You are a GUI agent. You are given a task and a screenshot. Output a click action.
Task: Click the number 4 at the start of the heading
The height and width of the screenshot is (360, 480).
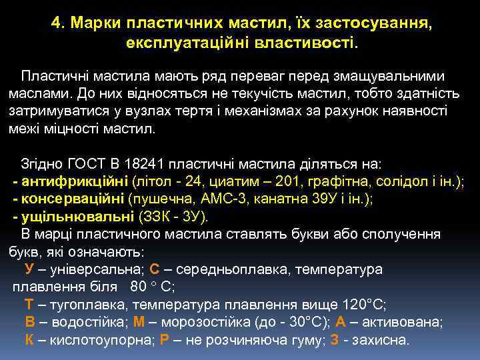click(x=55, y=24)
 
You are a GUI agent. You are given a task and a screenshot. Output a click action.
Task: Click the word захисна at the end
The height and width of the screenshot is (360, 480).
click(x=383, y=339)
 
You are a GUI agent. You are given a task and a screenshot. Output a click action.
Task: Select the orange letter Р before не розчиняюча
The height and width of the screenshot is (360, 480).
click(x=165, y=339)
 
